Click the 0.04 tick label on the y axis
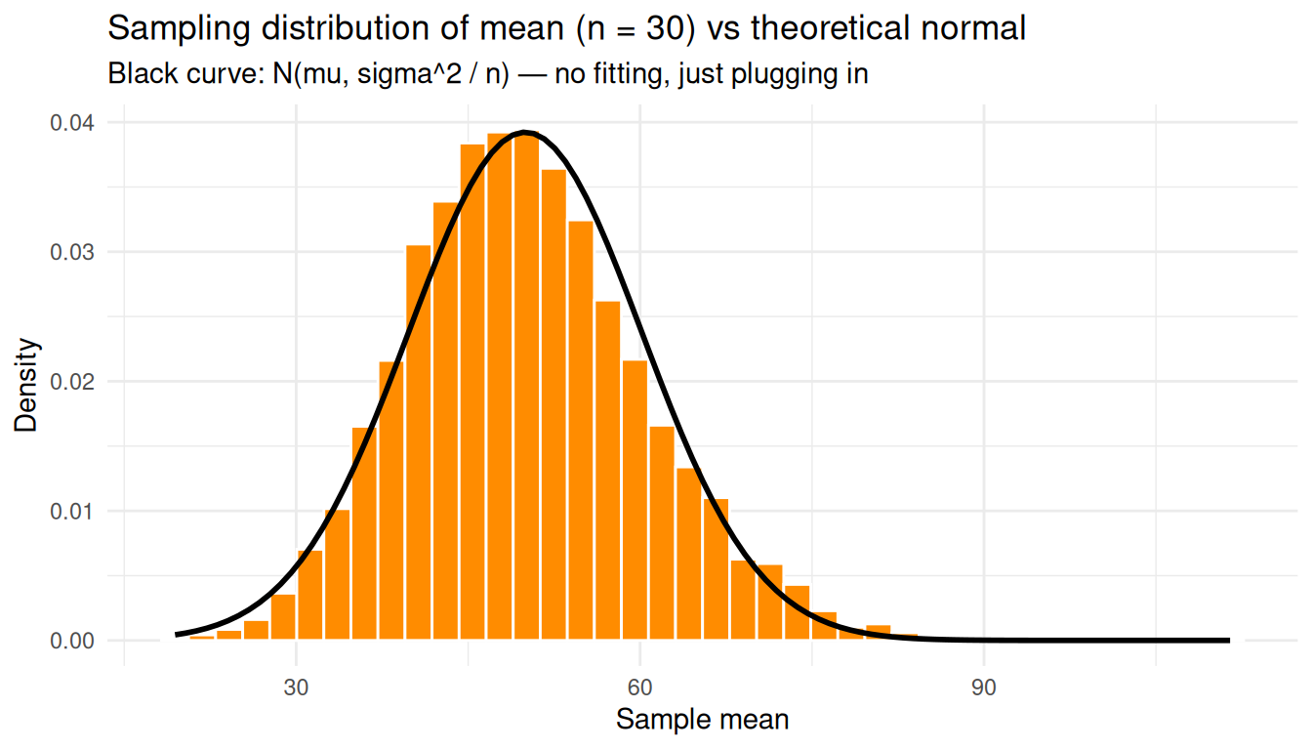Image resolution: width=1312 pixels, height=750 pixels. click(x=73, y=123)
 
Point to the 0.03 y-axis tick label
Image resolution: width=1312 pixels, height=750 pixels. click(x=73, y=252)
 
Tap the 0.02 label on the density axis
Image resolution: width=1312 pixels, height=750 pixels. click(x=73, y=382)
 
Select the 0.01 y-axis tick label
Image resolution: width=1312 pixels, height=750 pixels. click(x=73, y=512)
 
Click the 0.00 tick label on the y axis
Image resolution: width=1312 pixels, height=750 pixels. click(x=73, y=642)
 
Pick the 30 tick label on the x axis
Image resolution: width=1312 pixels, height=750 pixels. click(x=296, y=687)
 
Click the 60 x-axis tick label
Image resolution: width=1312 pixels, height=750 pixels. click(x=639, y=687)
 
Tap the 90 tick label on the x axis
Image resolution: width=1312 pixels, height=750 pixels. click(x=983, y=687)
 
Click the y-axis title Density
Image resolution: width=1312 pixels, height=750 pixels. click(x=27, y=385)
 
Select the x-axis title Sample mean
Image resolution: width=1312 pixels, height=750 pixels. click(x=702, y=721)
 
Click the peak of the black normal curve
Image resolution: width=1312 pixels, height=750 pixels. click(x=525, y=132)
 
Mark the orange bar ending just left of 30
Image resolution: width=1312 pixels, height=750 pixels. click(x=283, y=616)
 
